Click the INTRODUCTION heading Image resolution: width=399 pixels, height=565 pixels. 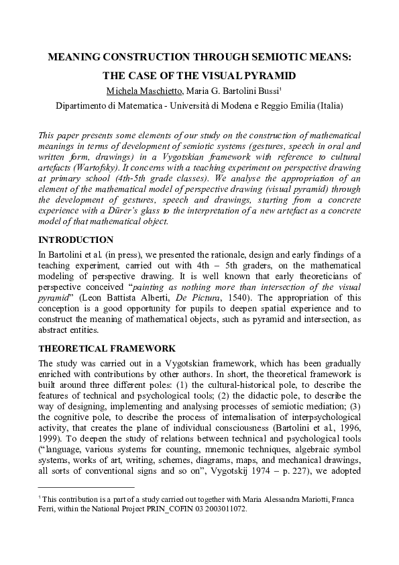[76, 221]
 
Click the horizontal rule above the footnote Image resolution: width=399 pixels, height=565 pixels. [87, 488]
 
